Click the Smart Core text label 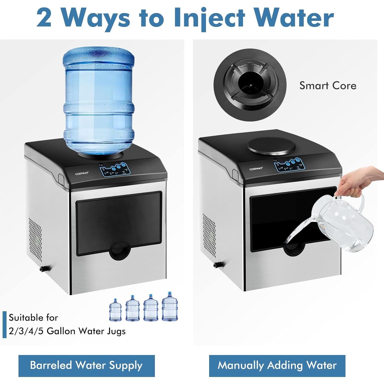(x=328, y=86)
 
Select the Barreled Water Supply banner (x=87, y=365)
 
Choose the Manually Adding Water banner (x=277, y=365)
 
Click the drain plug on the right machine (x=217, y=265)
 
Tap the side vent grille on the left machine (x=35, y=239)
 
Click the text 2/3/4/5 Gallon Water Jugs (x=67, y=331)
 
